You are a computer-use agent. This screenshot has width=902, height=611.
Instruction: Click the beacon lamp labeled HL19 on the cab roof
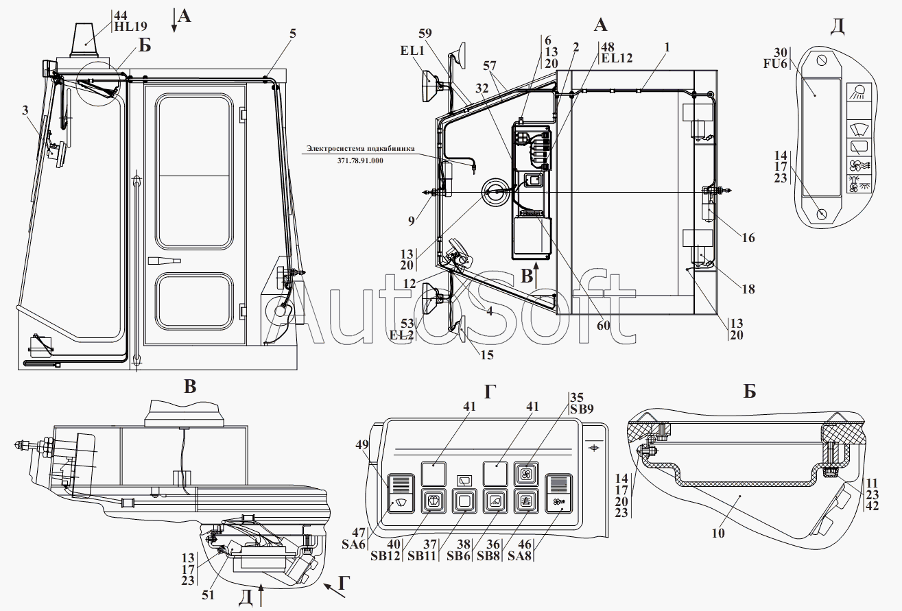pos(84,40)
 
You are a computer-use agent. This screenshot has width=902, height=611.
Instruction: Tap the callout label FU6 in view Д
pos(775,64)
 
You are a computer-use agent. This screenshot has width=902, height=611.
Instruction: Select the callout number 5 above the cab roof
pos(293,34)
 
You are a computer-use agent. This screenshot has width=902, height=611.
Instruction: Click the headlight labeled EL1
pos(430,86)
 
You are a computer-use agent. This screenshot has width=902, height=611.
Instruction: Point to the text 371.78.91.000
pos(360,160)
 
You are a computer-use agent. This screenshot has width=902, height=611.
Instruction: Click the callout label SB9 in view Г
pos(582,409)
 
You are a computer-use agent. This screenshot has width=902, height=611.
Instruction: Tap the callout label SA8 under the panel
pos(519,556)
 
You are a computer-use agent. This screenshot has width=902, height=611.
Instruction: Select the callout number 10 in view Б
pos(718,533)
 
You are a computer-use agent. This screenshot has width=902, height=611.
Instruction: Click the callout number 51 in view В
pos(209,595)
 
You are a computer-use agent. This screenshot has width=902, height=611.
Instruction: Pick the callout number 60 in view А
pos(603,325)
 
